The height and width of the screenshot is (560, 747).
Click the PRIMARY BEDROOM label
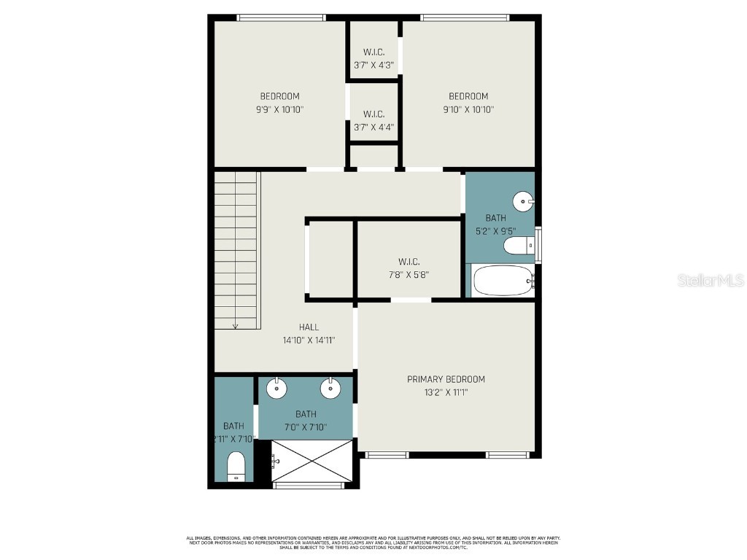click(446, 379)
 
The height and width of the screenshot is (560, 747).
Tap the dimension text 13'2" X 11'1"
click(446, 392)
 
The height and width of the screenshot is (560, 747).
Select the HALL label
click(309, 327)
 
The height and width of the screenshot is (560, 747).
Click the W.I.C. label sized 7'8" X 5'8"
click(409, 262)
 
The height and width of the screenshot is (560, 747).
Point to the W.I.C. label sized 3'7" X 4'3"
click(373, 52)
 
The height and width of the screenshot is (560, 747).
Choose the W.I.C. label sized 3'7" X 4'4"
click(373, 114)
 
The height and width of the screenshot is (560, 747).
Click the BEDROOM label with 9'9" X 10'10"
click(279, 96)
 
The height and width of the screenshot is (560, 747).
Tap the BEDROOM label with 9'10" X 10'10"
click(468, 96)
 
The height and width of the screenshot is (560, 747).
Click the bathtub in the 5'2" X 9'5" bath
click(504, 280)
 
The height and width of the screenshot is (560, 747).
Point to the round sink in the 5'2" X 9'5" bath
click(525, 200)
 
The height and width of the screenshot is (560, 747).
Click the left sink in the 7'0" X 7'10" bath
click(276, 388)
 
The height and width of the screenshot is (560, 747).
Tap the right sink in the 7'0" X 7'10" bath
click(331, 388)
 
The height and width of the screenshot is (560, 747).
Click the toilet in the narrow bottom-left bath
click(235, 465)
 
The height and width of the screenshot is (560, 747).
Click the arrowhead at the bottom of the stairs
click(235, 325)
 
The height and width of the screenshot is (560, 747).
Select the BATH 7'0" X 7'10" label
click(306, 414)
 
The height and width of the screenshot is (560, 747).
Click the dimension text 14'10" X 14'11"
click(309, 341)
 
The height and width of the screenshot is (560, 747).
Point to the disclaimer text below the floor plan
click(373, 542)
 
